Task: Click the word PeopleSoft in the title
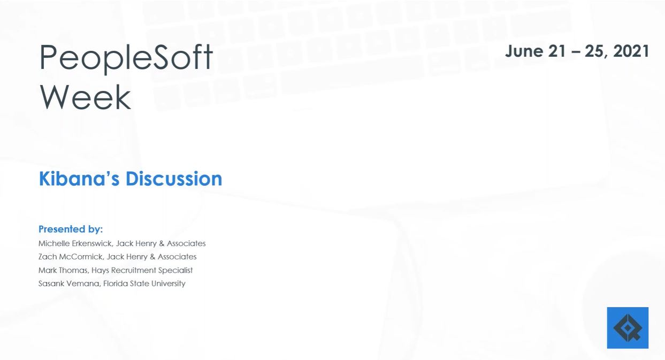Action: click(126, 58)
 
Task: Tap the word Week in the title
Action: click(85, 97)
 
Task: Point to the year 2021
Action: click(631, 51)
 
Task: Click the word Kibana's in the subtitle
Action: click(79, 179)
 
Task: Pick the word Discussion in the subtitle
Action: click(174, 179)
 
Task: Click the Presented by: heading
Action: click(71, 229)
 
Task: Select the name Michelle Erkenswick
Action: click(75, 243)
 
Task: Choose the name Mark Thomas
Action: click(63, 270)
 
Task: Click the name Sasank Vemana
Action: click(70, 284)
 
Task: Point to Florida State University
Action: click(144, 284)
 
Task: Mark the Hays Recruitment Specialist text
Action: click(142, 270)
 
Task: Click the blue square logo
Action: click(628, 328)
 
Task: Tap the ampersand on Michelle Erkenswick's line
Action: click(162, 243)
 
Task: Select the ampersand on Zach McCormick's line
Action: click(152, 257)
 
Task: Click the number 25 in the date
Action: click(594, 51)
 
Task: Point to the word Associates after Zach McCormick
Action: click(177, 257)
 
